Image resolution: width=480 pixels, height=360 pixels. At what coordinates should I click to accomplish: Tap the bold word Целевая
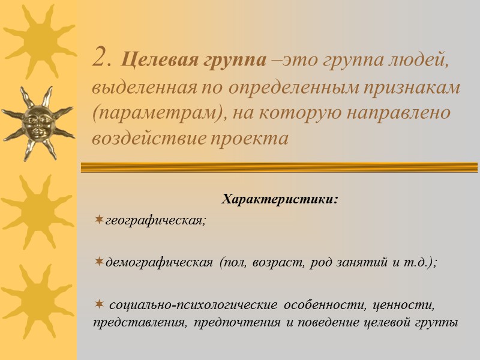click(x=150, y=61)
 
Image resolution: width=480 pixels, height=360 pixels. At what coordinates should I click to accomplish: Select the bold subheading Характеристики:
click(x=280, y=199)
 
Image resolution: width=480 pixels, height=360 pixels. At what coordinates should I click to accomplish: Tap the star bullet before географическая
click(x=99, y=220)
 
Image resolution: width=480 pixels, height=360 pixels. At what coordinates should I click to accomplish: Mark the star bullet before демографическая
click(x=99, y=263)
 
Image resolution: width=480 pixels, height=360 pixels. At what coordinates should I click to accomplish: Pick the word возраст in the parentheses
click(x=278, y=263)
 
